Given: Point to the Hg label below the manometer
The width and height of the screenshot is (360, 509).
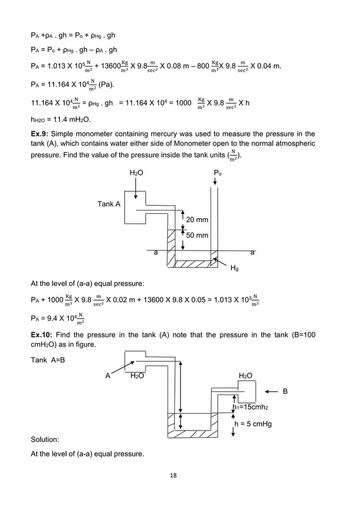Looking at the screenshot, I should (234, 269).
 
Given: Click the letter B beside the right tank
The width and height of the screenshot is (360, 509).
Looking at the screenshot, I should (285, 390).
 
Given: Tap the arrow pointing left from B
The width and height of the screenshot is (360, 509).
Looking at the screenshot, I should (270, 390).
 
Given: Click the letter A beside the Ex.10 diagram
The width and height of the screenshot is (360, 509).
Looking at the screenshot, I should (107, 375).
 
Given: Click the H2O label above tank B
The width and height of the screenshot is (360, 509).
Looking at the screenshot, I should (245, 375).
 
